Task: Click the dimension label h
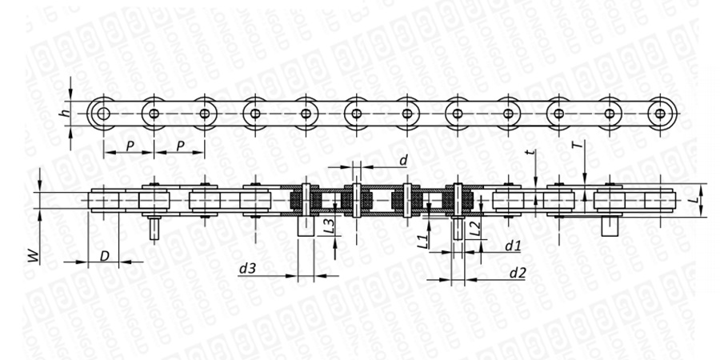coord(67,111)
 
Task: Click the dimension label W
coord(34,256)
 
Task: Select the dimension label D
coord(105,256)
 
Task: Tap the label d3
coord(247,268)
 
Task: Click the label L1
coord(423,241)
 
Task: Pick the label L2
coord(476,227)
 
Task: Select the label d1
coord(513,246)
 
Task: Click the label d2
coord(518,274)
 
